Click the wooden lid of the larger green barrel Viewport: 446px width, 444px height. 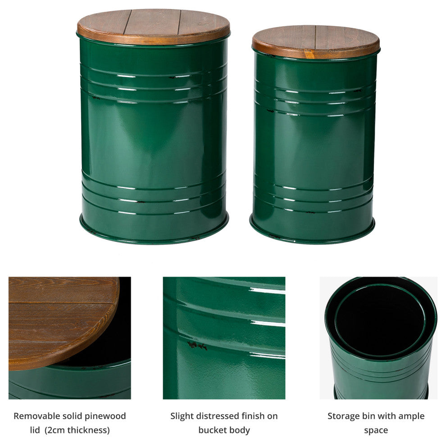(153, 26)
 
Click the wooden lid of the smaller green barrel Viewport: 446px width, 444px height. (316, 42)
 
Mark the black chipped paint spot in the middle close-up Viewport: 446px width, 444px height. (197, 346)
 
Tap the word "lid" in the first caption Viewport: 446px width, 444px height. (35, 430)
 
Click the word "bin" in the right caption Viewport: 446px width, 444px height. (368, 416)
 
